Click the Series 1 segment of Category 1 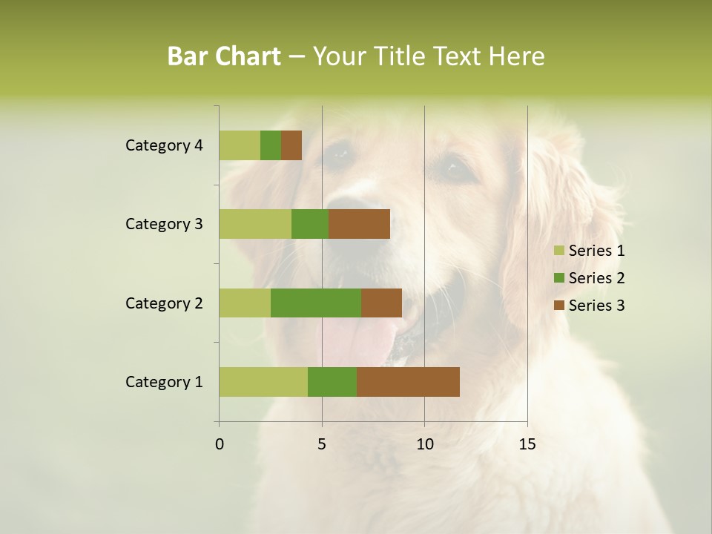[x=263, y=382]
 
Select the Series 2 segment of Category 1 [x=332, y=382]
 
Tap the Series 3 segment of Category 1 [x=408, y=382]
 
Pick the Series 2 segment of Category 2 [x=316, y=303]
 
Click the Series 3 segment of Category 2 [x=381, y=303]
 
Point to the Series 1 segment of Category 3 [x=255, y=224]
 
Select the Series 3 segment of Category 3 [x=359, y=224]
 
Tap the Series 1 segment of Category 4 [x=240, y=145]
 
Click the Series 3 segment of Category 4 [x=291, y=145]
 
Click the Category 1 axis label [x=164, y=382]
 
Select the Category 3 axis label [x=164, y=224]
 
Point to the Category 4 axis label [x=164, y=145]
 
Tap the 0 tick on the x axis [x=220, y=444]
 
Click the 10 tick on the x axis [x=424, y=444]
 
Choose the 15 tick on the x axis [x=527, y=444]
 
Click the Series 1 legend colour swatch [x=558, y=251]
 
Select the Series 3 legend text [x=596, y=306]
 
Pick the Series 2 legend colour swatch [x=558, y=278]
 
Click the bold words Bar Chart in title [x=224, y=56]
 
